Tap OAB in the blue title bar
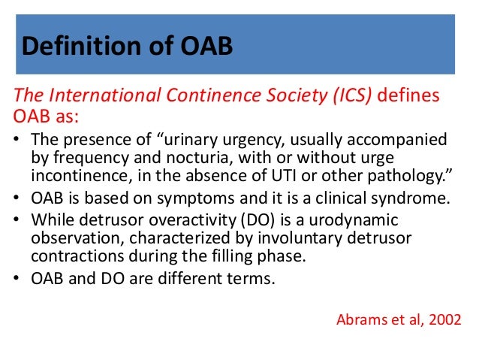(206, 46)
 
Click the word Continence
(214, 95)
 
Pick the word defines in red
(408, 95)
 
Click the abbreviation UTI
(284, 176)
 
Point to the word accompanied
(397, 140)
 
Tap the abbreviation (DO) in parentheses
(258, 220)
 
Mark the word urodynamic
(354, 220)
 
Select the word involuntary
(300, 238)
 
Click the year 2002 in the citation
(444, 320)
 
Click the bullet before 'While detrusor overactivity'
(17, 219)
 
